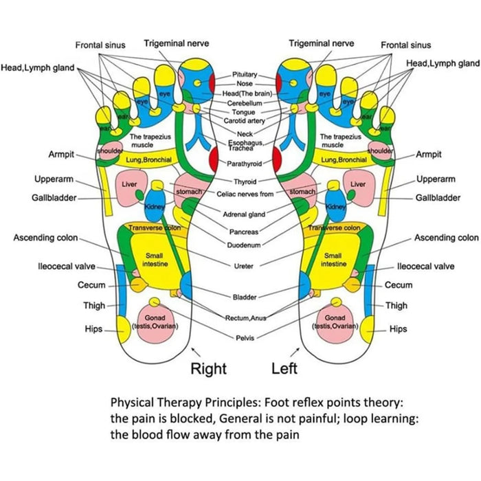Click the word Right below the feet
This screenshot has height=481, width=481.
coord(208,368)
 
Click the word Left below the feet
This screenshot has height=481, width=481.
coord(284,368)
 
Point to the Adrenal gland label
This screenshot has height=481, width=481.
coord(244,215)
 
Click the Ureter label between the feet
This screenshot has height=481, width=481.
coord(243,265)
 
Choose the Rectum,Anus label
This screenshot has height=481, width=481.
coord(245,318)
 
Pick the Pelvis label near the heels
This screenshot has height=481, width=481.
coord(245,338)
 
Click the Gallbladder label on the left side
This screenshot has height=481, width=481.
coord(53,197)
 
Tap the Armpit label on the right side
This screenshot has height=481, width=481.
coord(428,155)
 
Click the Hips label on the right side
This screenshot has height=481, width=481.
coord(398,329)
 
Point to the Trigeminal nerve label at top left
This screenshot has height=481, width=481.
coord(176,44)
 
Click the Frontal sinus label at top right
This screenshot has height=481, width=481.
coord(406,45)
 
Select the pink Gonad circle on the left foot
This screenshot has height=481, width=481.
coord(335,322)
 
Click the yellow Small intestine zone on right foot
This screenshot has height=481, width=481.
coord(153,259)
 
